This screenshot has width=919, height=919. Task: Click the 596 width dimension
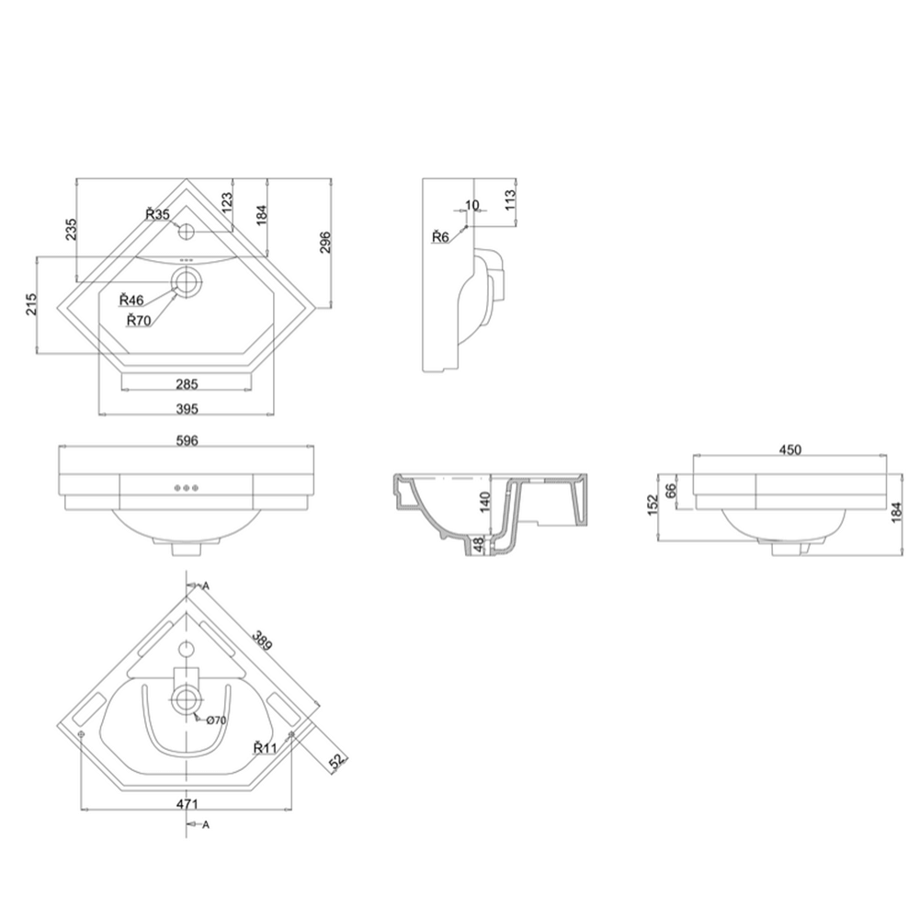[x=187, y=440]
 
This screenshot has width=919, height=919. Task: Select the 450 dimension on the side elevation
[x=790, y=449]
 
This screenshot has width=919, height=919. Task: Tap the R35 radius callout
[x=157, y=215]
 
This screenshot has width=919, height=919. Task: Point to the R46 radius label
[x=131, y=300]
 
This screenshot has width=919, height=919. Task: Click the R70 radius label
[x=139, y=320]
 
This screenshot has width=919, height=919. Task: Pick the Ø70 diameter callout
[x=216, y=720]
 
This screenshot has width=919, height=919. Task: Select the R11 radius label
[x=266, y=748]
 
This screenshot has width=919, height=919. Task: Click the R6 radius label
[x=440, y=237]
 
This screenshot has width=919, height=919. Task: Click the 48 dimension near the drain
[x=479, y=545]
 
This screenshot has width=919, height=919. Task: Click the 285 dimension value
[x=187, y=383]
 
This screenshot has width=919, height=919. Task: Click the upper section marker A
[x=206, y=585]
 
